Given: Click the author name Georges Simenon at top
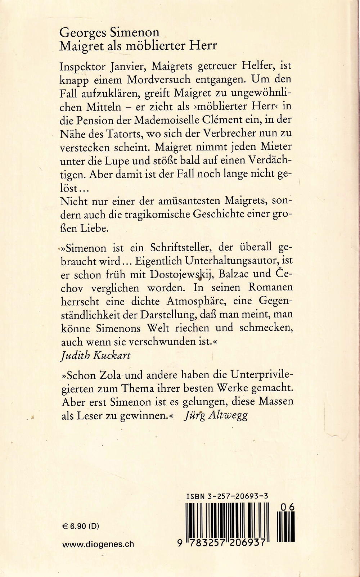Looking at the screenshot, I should point(109,33).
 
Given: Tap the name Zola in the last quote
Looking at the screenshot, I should point(106,375).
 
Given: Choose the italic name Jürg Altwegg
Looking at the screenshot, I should point(216,416).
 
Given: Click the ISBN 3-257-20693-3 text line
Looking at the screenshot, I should point(227,496).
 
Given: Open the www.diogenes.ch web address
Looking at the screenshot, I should point(98,544).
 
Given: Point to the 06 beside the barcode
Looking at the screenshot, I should point(287,507).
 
